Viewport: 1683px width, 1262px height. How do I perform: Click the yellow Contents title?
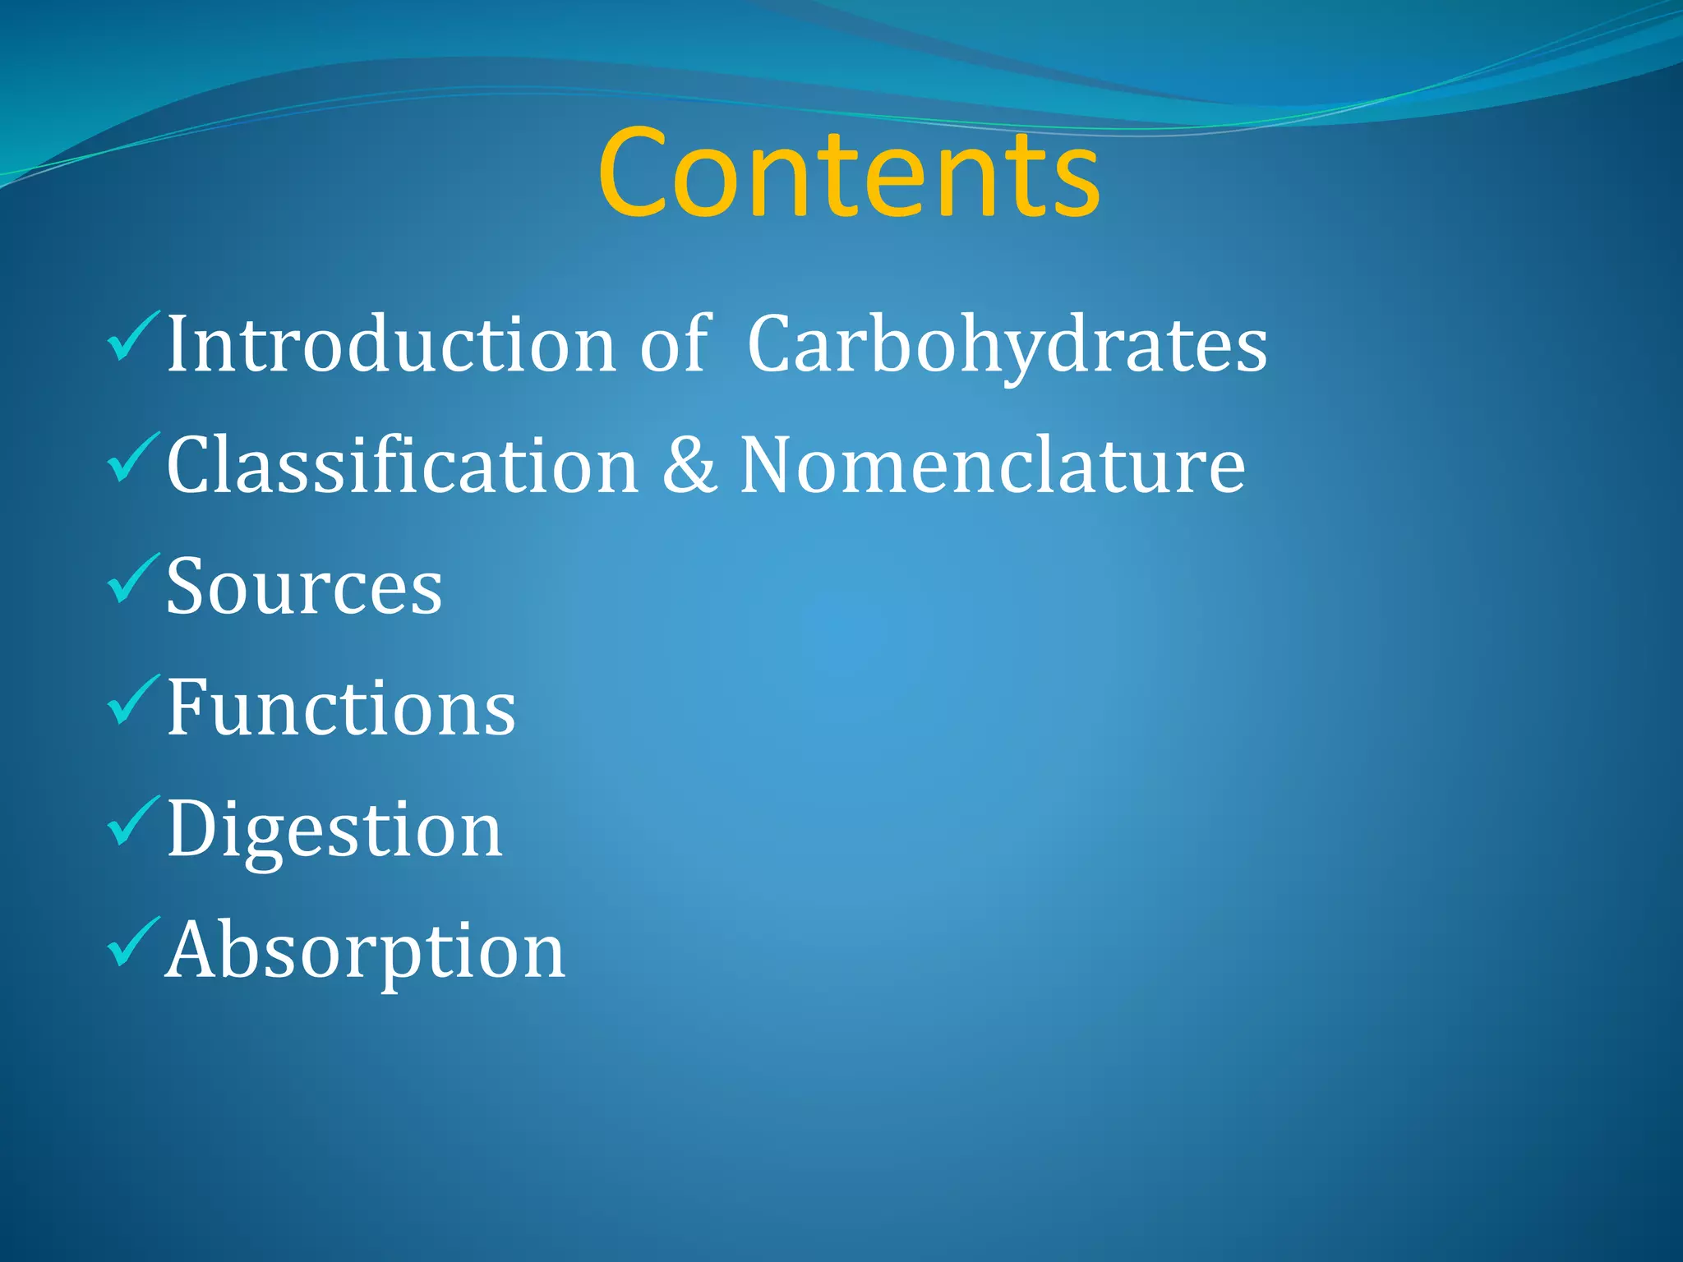[x=848, y=174]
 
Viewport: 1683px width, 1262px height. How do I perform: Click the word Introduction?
[x=391, y=345]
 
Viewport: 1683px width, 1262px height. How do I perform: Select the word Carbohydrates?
[x=1007, y=345]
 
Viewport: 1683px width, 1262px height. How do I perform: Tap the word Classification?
[x=403, y=466]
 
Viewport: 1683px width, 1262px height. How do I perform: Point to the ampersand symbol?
[x=689, y=466]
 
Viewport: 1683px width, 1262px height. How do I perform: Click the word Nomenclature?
[x=992, y=466]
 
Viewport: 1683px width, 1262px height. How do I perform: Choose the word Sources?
[x=304, y=587]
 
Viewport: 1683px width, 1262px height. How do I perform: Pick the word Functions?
[x=341, y=707]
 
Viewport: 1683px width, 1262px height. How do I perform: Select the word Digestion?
[x=334, y=830]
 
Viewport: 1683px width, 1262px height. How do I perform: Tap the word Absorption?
[x=366, y=951]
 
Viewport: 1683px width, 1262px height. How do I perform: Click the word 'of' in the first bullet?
[x=674, y=345]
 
